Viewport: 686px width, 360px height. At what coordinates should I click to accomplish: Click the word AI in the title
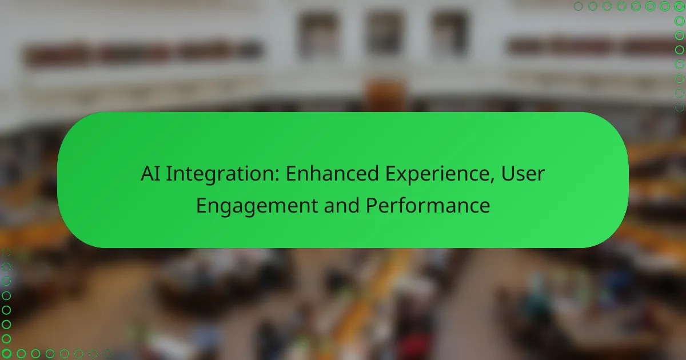point(150,174)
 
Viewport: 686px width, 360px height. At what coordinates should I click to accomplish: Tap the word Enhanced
point(332,173)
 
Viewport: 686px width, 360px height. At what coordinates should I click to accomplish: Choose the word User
point(523,174)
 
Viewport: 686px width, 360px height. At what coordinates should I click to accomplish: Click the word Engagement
point(257,206)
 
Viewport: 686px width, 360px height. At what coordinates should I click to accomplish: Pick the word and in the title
point(341,205)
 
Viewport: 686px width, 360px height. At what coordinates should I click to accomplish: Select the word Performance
point(428,205)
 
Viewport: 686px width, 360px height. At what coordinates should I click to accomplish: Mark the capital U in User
point(508,174)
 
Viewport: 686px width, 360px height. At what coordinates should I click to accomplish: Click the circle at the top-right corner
point(679,6)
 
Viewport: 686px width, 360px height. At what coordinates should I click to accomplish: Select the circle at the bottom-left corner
point(6,354)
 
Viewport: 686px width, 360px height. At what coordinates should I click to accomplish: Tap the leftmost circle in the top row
point(578,6)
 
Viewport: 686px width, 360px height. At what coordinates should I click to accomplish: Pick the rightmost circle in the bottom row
point(107,354)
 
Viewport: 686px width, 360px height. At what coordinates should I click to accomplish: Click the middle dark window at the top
point(385,32)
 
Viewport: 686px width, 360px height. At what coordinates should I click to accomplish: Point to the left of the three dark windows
point(318,33)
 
